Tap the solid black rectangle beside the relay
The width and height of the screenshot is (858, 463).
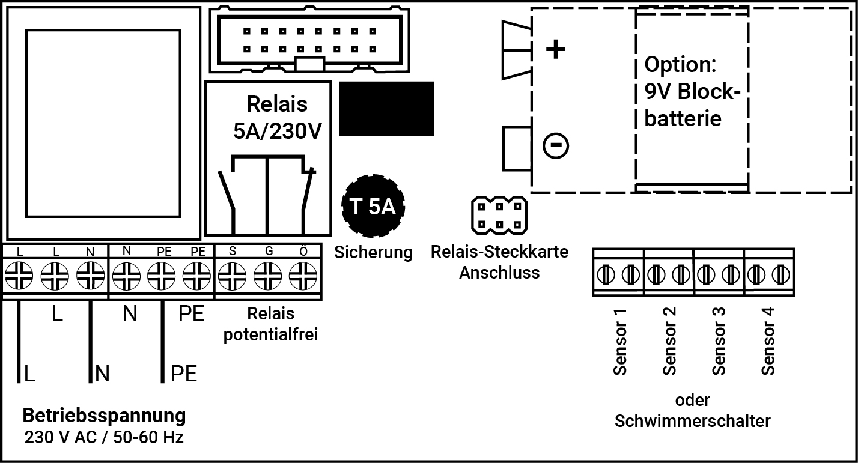[386, 109]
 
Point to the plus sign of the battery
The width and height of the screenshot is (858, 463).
[555, 50]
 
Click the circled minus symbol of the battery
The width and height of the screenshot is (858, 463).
[555, 145]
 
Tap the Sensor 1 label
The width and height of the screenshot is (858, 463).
[620, 341]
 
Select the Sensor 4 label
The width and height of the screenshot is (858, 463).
[768, 341]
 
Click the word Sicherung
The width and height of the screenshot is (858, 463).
[374, 252]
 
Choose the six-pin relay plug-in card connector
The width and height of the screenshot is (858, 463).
[499, 216]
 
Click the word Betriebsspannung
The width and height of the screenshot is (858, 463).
[104, 415]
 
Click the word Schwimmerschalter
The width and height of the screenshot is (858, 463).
[692, 420]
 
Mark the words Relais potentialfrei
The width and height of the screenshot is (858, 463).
[270, 324]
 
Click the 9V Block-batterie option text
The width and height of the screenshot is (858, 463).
[691, 91]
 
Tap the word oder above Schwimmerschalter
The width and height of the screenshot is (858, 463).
[692, 400]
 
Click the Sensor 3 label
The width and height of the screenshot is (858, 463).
[719, 341]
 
